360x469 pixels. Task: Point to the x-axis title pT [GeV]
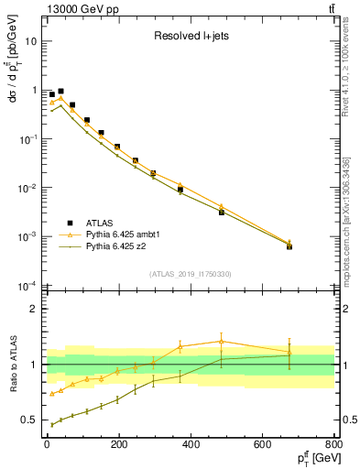[309, 459]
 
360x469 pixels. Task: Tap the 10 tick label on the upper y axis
[30, 41]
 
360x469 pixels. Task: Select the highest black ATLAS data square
[60, 92]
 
